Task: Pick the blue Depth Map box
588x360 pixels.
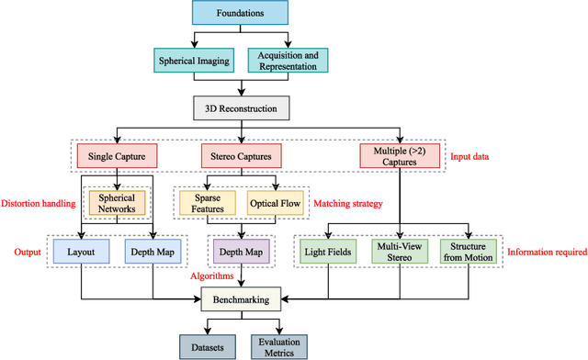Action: (x=150, y=251)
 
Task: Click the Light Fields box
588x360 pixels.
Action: (x=327, y=252)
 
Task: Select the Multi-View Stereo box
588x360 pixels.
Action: (x=400, y=252)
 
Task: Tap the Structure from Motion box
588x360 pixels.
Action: (x=469, y=252)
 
